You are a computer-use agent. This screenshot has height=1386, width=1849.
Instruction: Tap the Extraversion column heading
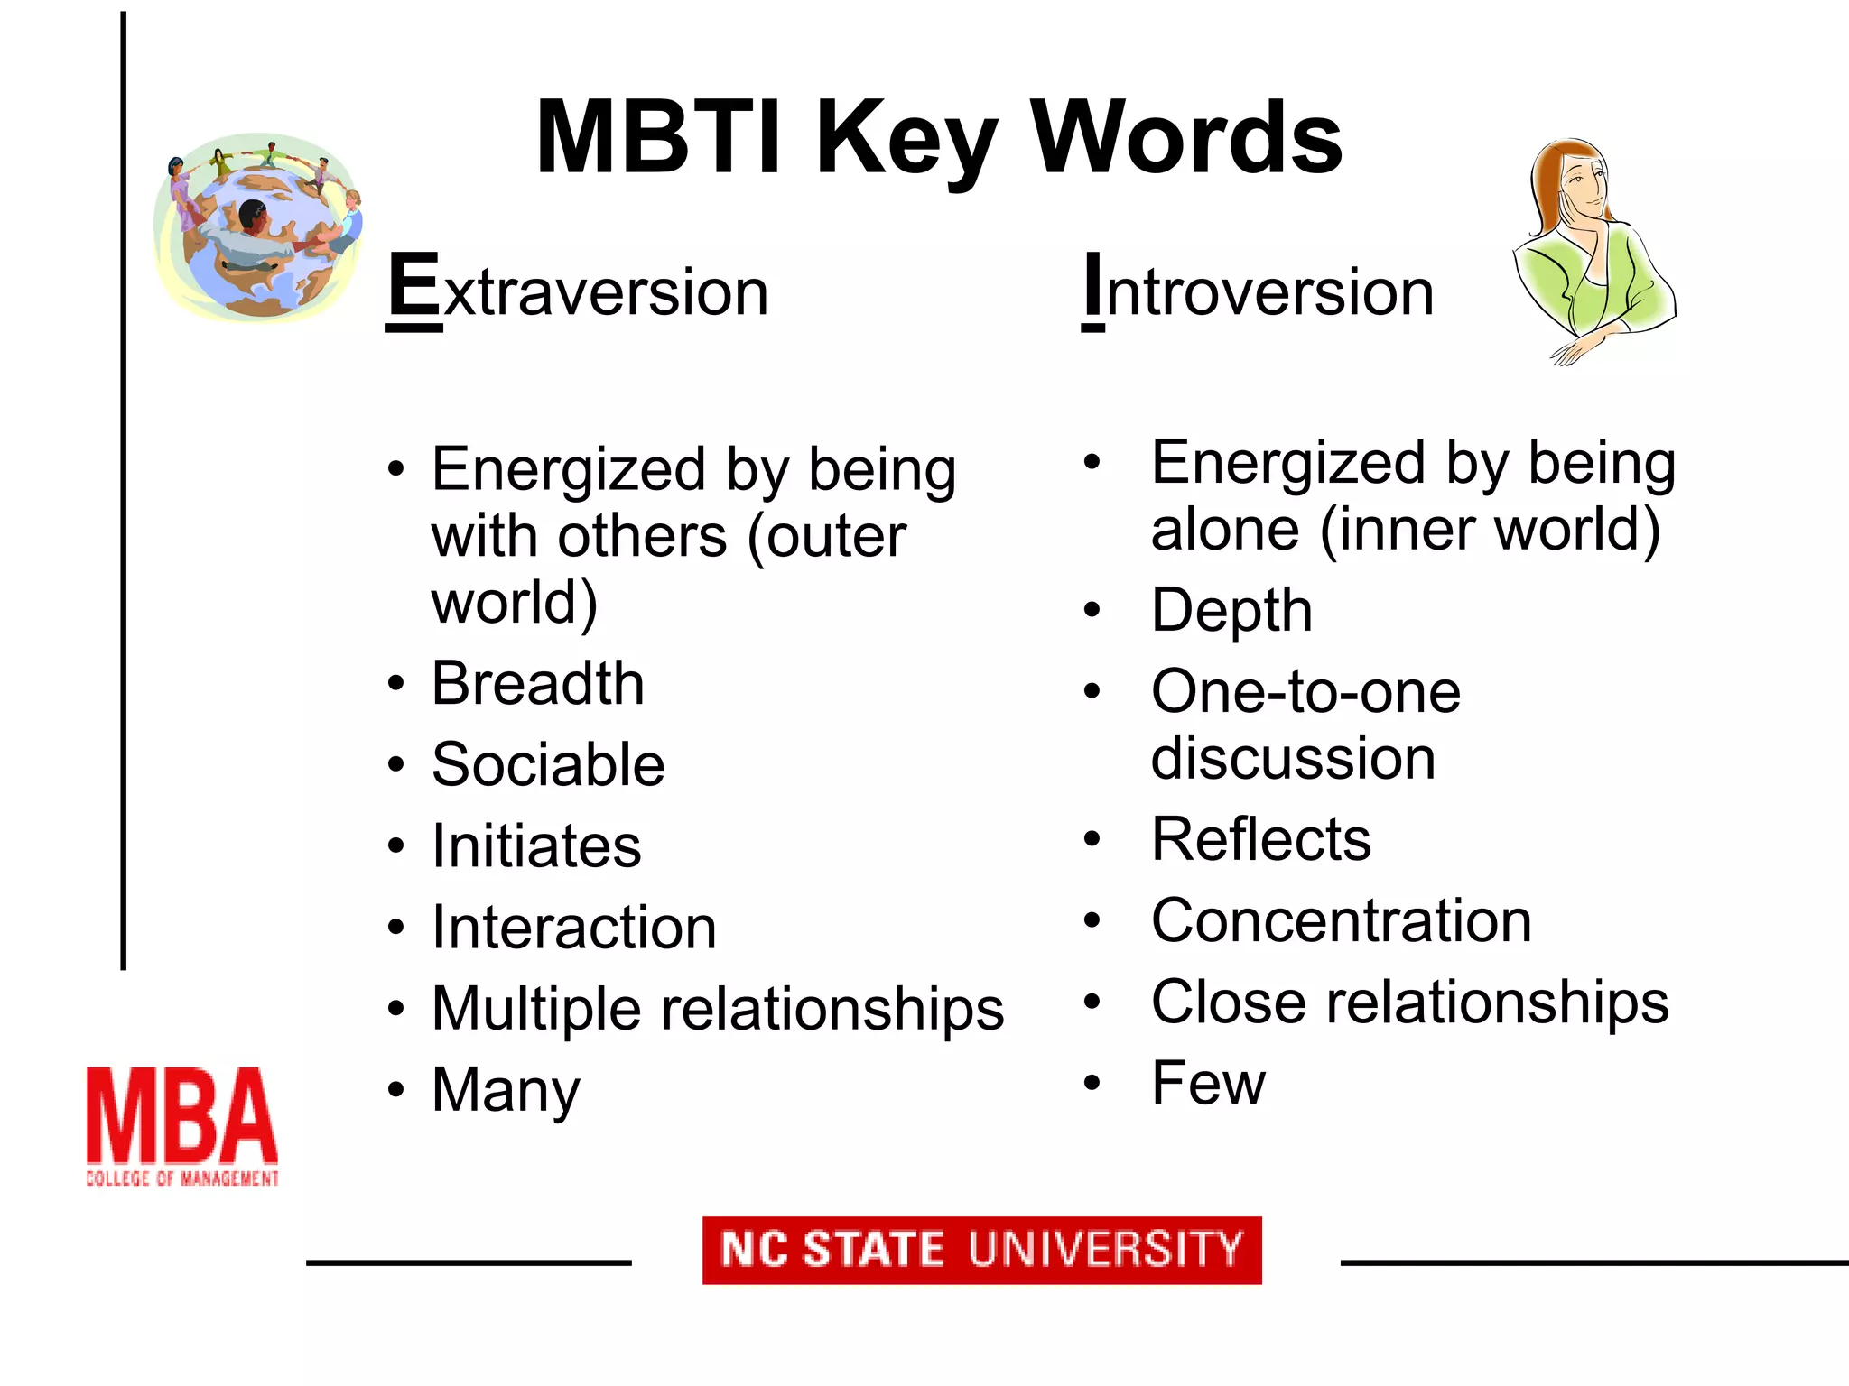pyautogui.click(x=578, y=291)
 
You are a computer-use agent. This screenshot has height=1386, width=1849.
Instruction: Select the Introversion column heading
pyautogui.click(x=1258, y=291)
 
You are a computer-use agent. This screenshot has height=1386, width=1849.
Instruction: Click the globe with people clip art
pyautogui.click(x=259, y=227)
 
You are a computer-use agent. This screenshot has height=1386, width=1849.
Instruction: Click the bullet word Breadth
pyautogui.click(x=538, y=683)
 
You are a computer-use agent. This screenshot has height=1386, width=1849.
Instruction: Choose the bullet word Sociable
pyautogui.click(x=548, y=764)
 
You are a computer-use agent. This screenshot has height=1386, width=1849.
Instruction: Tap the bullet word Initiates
pyautogui.click(x=536, y=846)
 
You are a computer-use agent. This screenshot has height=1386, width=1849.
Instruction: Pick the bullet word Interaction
pyautogui.click(x=574, y=928)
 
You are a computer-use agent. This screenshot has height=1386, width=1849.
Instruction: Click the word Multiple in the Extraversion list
pyautogui.click(x=538, y=1009)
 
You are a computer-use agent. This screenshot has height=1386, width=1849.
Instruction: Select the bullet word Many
pyautogui.click(x=506, y=1090)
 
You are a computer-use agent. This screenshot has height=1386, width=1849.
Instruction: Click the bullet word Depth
pyautogui.click(x=1231, y=611)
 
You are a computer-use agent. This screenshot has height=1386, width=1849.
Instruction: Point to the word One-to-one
pyautogui.click(x=1305, y=692)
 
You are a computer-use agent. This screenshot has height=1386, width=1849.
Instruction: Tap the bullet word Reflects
pyautogui.click(x=1261, y=839)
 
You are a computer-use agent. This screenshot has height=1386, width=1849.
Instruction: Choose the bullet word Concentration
pyautogui.click(x=1342, y=920)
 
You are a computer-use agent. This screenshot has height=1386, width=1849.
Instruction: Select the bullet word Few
pyautogui.click(x=1208, y=1083)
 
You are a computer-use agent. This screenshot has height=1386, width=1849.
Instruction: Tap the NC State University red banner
pyautogui.click(x=982, y=1250)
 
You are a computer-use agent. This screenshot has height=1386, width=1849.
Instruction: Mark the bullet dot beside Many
pyautogui.click(x=395, y=1090)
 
